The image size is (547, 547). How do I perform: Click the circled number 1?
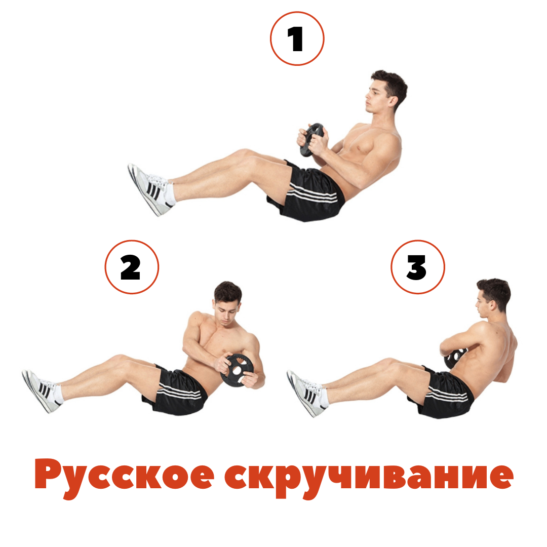tap(297, 38)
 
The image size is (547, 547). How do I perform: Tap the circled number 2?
tap(132, 267)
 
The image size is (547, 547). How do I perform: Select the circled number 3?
tap(417, 267)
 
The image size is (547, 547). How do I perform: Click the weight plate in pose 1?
tap(311, 140)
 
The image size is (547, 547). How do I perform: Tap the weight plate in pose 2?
tap(237, 370)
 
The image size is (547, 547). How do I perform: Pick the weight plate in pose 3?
tap(454, 358)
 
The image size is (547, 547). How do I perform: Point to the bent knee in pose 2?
tap(119, 359)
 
